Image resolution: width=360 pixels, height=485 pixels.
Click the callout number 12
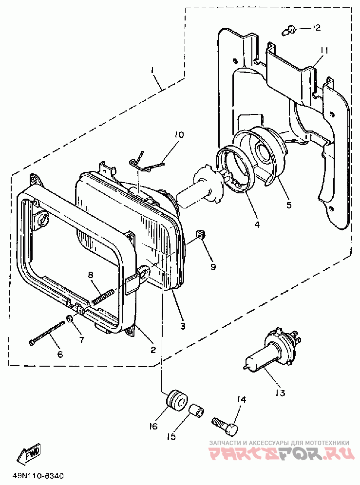pos(316,28)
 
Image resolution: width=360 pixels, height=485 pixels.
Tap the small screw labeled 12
pos(288,31)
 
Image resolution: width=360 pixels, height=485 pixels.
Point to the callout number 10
pos(179,135)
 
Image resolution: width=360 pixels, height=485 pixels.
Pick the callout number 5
pos(289,205)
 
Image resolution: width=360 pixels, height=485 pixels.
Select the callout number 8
pos(91,274)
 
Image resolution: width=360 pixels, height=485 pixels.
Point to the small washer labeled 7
pos(70,318)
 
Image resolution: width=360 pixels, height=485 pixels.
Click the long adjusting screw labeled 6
pos(47,333)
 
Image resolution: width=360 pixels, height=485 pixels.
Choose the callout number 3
pos(183,326)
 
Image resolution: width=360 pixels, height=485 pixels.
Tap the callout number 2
pos(153,350)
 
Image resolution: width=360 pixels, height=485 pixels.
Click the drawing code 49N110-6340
pos(38,475)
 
